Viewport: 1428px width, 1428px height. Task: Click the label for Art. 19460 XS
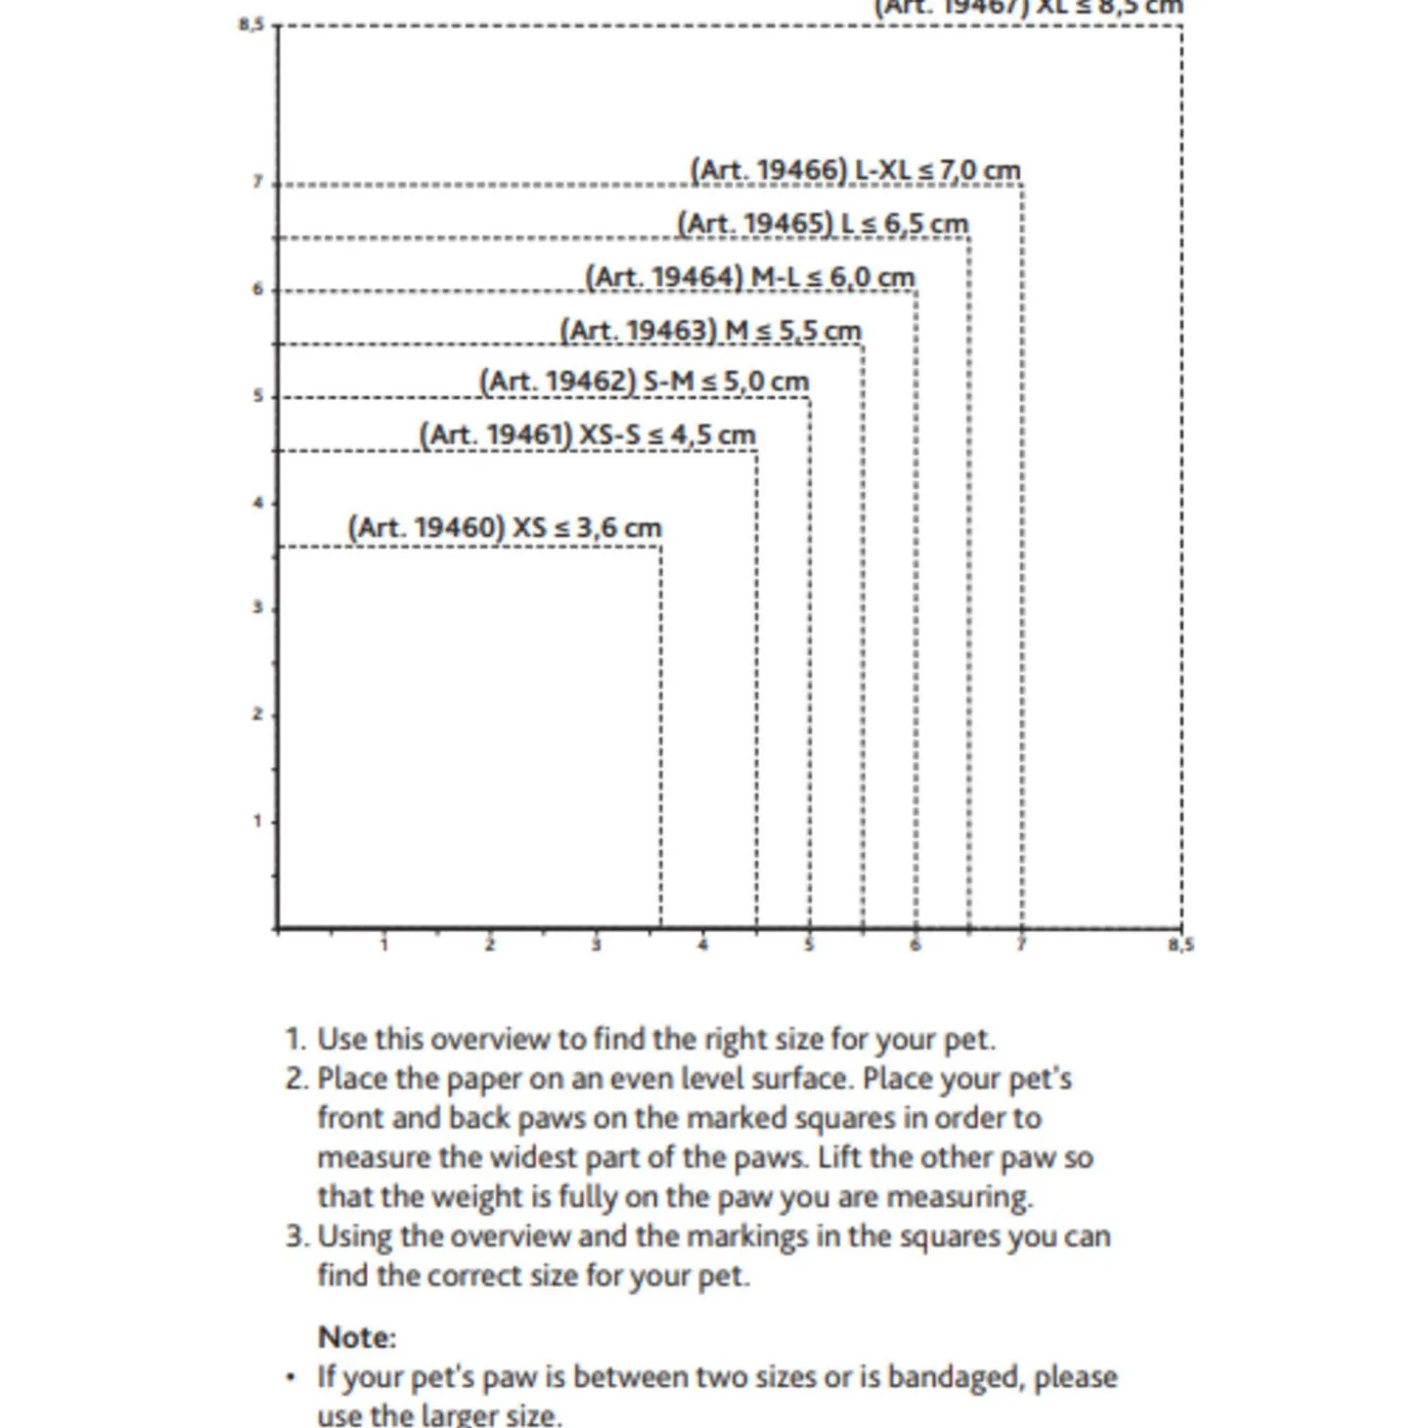point(505,527)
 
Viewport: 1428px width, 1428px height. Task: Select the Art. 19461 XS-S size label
point(587,434)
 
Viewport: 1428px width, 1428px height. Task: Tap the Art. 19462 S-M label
point(644,380)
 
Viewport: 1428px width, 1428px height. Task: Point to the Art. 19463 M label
point(710,331)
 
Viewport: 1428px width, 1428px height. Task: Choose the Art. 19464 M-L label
point(749,277)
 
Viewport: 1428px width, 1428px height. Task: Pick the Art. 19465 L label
point(823,224)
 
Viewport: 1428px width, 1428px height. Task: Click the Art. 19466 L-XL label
point(855,170)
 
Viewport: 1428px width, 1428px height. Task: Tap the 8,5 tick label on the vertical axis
point(250,23)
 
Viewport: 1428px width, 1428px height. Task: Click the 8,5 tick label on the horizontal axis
point(1181,945)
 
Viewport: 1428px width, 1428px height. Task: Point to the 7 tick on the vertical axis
point(257,182)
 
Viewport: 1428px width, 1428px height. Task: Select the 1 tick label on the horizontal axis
point(383,945)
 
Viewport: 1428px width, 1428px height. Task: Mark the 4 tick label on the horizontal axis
point(702,945)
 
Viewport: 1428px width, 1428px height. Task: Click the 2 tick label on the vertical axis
point(257,714)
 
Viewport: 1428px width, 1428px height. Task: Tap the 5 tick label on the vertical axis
point(257,395)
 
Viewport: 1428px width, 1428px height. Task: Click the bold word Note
point(356,1337)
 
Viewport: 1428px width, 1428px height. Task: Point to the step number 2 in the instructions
point(296,1079)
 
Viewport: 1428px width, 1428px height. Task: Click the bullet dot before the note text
point(290,1378)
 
